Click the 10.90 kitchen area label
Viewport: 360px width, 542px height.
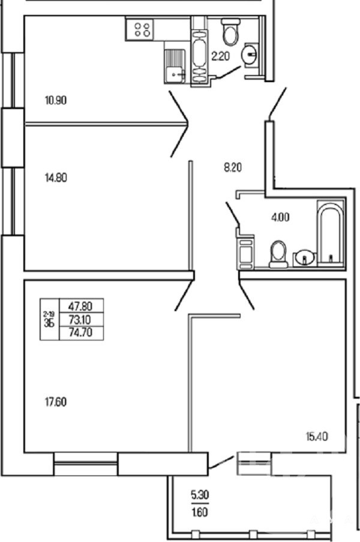click(56, 101)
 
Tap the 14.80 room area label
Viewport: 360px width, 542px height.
click(56, 178)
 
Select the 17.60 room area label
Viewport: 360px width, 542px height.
click(56, 402)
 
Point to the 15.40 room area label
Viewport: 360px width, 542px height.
click(317, 437)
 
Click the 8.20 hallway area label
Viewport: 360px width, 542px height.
click(233, 168)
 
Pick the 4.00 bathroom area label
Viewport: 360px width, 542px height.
click(280, 218)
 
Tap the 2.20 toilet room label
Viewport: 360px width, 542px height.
click(221, 56)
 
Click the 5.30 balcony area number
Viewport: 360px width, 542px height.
click(200, 495)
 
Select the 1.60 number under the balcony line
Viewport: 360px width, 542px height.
click(200, 511)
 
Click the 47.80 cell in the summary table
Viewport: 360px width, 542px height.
click(81, 306)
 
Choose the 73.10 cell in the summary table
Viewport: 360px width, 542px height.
click(81, 319)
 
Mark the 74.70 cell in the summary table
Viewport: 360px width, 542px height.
click(81, 333)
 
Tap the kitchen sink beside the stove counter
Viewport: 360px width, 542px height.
click(175, 66)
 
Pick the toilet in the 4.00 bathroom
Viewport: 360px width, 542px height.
click(279, 254)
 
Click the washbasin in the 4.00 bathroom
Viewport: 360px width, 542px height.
click(305, 258)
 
